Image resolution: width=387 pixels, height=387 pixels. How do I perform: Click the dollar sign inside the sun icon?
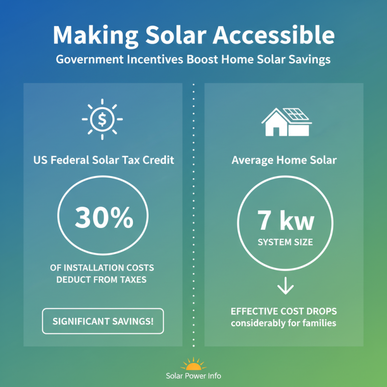102,119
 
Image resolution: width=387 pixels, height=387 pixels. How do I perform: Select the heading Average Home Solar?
284,160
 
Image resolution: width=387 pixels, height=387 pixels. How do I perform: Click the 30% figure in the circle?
104,219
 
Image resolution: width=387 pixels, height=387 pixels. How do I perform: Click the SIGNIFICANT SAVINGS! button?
103,321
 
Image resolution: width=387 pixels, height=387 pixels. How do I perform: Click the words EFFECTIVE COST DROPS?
283,311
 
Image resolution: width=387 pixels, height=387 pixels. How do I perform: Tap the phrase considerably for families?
283,323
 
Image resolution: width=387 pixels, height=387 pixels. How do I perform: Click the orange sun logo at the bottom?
193,364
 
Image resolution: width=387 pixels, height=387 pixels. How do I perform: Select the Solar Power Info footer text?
193,376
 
